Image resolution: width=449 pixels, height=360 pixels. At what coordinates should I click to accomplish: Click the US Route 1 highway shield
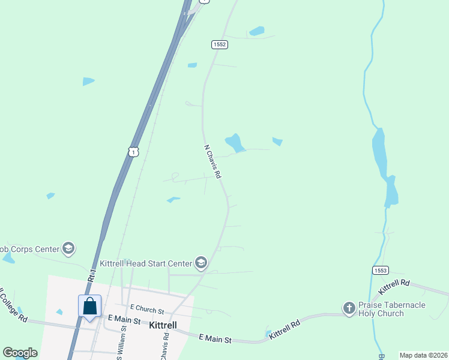tap(133, 152)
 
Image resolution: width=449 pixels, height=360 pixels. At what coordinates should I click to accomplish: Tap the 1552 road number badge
tap(219, 44)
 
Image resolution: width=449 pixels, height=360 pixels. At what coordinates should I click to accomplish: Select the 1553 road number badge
tap(379, 271)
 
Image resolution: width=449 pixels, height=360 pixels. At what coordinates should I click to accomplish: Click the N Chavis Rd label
tap(213, 161)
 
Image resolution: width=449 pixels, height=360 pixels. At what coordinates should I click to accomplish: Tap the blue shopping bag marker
tap(90, 306)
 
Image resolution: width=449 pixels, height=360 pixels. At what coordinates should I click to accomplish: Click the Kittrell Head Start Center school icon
tap(201, 263)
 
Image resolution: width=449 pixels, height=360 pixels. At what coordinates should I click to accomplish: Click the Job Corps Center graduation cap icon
tap(68, 248)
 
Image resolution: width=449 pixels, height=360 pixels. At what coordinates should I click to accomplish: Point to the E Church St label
tap(146, 310)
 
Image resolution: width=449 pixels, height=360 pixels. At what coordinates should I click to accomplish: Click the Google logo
tap(20, 353)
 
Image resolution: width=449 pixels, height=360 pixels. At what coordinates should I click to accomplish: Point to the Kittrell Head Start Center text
tap(145, 263)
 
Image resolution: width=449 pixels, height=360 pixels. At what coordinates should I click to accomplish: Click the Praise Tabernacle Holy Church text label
tap(392, 310)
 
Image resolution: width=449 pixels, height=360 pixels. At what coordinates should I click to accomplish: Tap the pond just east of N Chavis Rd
tap(235, 143)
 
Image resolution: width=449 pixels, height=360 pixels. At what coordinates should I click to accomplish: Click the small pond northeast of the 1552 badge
tap(257, 31)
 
